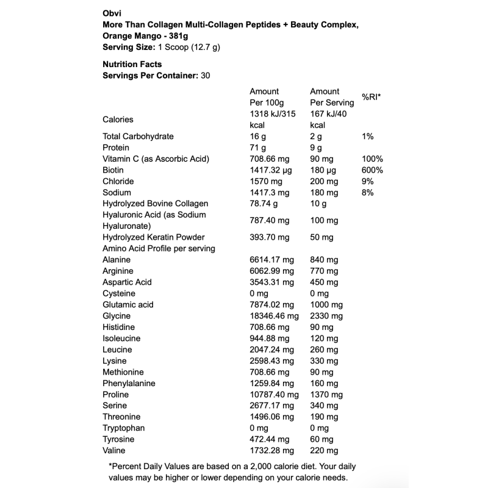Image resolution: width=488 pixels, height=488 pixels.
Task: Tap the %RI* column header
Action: pos(371,97)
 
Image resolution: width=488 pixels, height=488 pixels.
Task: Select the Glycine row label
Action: pos(117,316)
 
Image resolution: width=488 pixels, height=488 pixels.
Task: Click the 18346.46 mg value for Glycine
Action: pos(274,316)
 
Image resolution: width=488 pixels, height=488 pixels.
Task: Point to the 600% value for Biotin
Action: pos(372,170)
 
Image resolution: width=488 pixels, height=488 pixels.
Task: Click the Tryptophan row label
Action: pos(123,428)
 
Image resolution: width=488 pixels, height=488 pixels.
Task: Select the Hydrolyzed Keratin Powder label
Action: pos(154,237)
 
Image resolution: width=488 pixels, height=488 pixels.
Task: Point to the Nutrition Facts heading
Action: pos(132,63)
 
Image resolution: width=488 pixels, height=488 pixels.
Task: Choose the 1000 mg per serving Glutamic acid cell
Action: pos(326,305)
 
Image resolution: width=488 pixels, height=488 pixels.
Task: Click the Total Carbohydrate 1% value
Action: pos(368,137)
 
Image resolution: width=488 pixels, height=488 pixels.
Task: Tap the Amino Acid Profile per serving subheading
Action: pos(159,248)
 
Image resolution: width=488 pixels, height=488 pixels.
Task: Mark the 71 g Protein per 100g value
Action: pos(258,148)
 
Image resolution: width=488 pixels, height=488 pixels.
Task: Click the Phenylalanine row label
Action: pos(129,384)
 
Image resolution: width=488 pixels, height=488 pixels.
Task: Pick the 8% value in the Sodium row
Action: pos(368,193)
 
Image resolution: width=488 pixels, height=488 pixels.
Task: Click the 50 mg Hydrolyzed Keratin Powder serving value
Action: pos(321,237)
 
